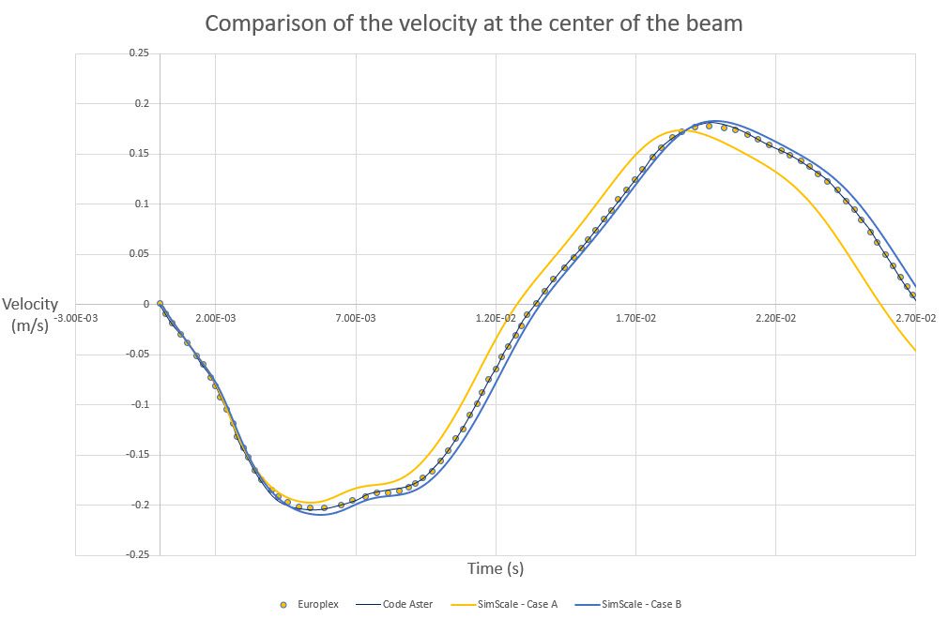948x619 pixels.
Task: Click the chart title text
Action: point(473,23)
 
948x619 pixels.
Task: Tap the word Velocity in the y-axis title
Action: point(30,304)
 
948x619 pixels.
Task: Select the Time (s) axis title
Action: point(496,568)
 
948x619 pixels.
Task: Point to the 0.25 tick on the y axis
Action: point(138,53)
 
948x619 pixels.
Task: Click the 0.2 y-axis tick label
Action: point(141,103)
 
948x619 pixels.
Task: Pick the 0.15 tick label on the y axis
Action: point(138,154)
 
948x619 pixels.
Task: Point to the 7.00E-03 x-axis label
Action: point(357,319)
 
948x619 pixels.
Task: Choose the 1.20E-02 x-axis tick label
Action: point(496,319)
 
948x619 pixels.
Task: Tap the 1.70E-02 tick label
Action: point(635,319)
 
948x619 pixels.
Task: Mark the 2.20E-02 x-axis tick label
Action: point(775,319)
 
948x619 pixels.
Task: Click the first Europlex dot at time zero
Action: point(160,304)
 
